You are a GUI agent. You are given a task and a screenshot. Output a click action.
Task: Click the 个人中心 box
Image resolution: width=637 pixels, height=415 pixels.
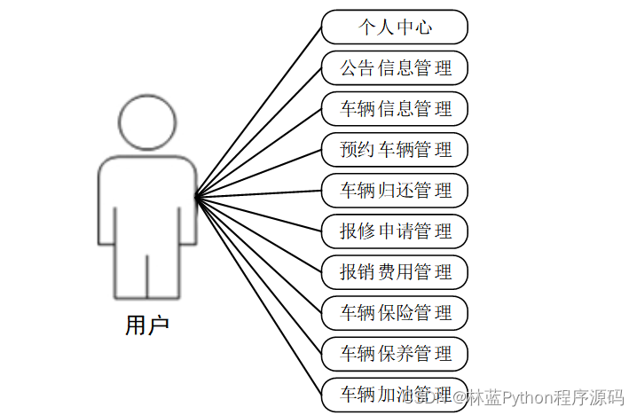coord(395,27)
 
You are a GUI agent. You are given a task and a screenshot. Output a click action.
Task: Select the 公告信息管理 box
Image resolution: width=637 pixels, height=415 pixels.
coord(395,67)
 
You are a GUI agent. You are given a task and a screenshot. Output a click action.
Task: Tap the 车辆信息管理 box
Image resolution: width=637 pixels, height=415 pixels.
coord(395,108)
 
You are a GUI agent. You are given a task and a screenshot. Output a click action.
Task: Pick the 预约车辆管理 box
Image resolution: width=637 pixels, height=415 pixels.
coord(395,149)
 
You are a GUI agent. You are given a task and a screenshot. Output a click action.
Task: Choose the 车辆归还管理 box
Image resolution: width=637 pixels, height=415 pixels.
coord(395,190)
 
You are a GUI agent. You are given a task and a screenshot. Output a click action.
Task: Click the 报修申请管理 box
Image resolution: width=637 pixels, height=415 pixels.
coord(395,231)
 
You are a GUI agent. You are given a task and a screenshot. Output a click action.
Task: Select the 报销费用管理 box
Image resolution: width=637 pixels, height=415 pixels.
coord(395,271)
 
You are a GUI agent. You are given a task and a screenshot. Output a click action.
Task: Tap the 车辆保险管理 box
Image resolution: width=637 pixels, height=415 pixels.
coord(395,312)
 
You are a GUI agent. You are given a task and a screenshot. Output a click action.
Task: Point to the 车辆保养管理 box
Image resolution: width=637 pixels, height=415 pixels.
coord(395,353)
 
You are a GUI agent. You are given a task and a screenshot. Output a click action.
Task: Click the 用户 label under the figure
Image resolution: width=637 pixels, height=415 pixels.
coord(146,325)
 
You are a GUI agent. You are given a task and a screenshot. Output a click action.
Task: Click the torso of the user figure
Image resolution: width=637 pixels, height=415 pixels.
coord(147,204)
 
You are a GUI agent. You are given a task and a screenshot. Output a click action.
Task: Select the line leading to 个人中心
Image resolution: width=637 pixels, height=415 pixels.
coord(258,111)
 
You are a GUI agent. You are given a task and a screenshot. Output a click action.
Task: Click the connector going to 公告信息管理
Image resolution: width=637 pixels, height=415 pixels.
coord(258,131)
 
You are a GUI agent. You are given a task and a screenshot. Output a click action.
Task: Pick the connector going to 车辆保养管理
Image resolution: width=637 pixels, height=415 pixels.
coord(258,275)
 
